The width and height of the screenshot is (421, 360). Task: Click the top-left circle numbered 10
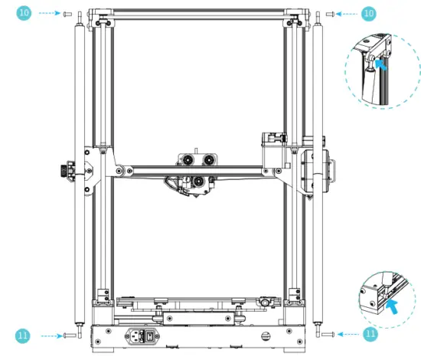click(x=24, y=14)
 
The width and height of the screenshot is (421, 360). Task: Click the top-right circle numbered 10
click(x=368, y=14)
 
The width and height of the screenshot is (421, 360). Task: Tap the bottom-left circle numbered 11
click(x=24, y=335)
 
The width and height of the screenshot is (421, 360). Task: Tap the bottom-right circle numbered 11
click(x=370, y=335)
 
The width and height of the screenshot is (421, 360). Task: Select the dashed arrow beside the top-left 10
click(x=48, y=14)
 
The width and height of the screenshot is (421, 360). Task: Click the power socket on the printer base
click(x=142, y=335)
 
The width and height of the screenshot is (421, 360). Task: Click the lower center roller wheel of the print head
click(x=197, y=181)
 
